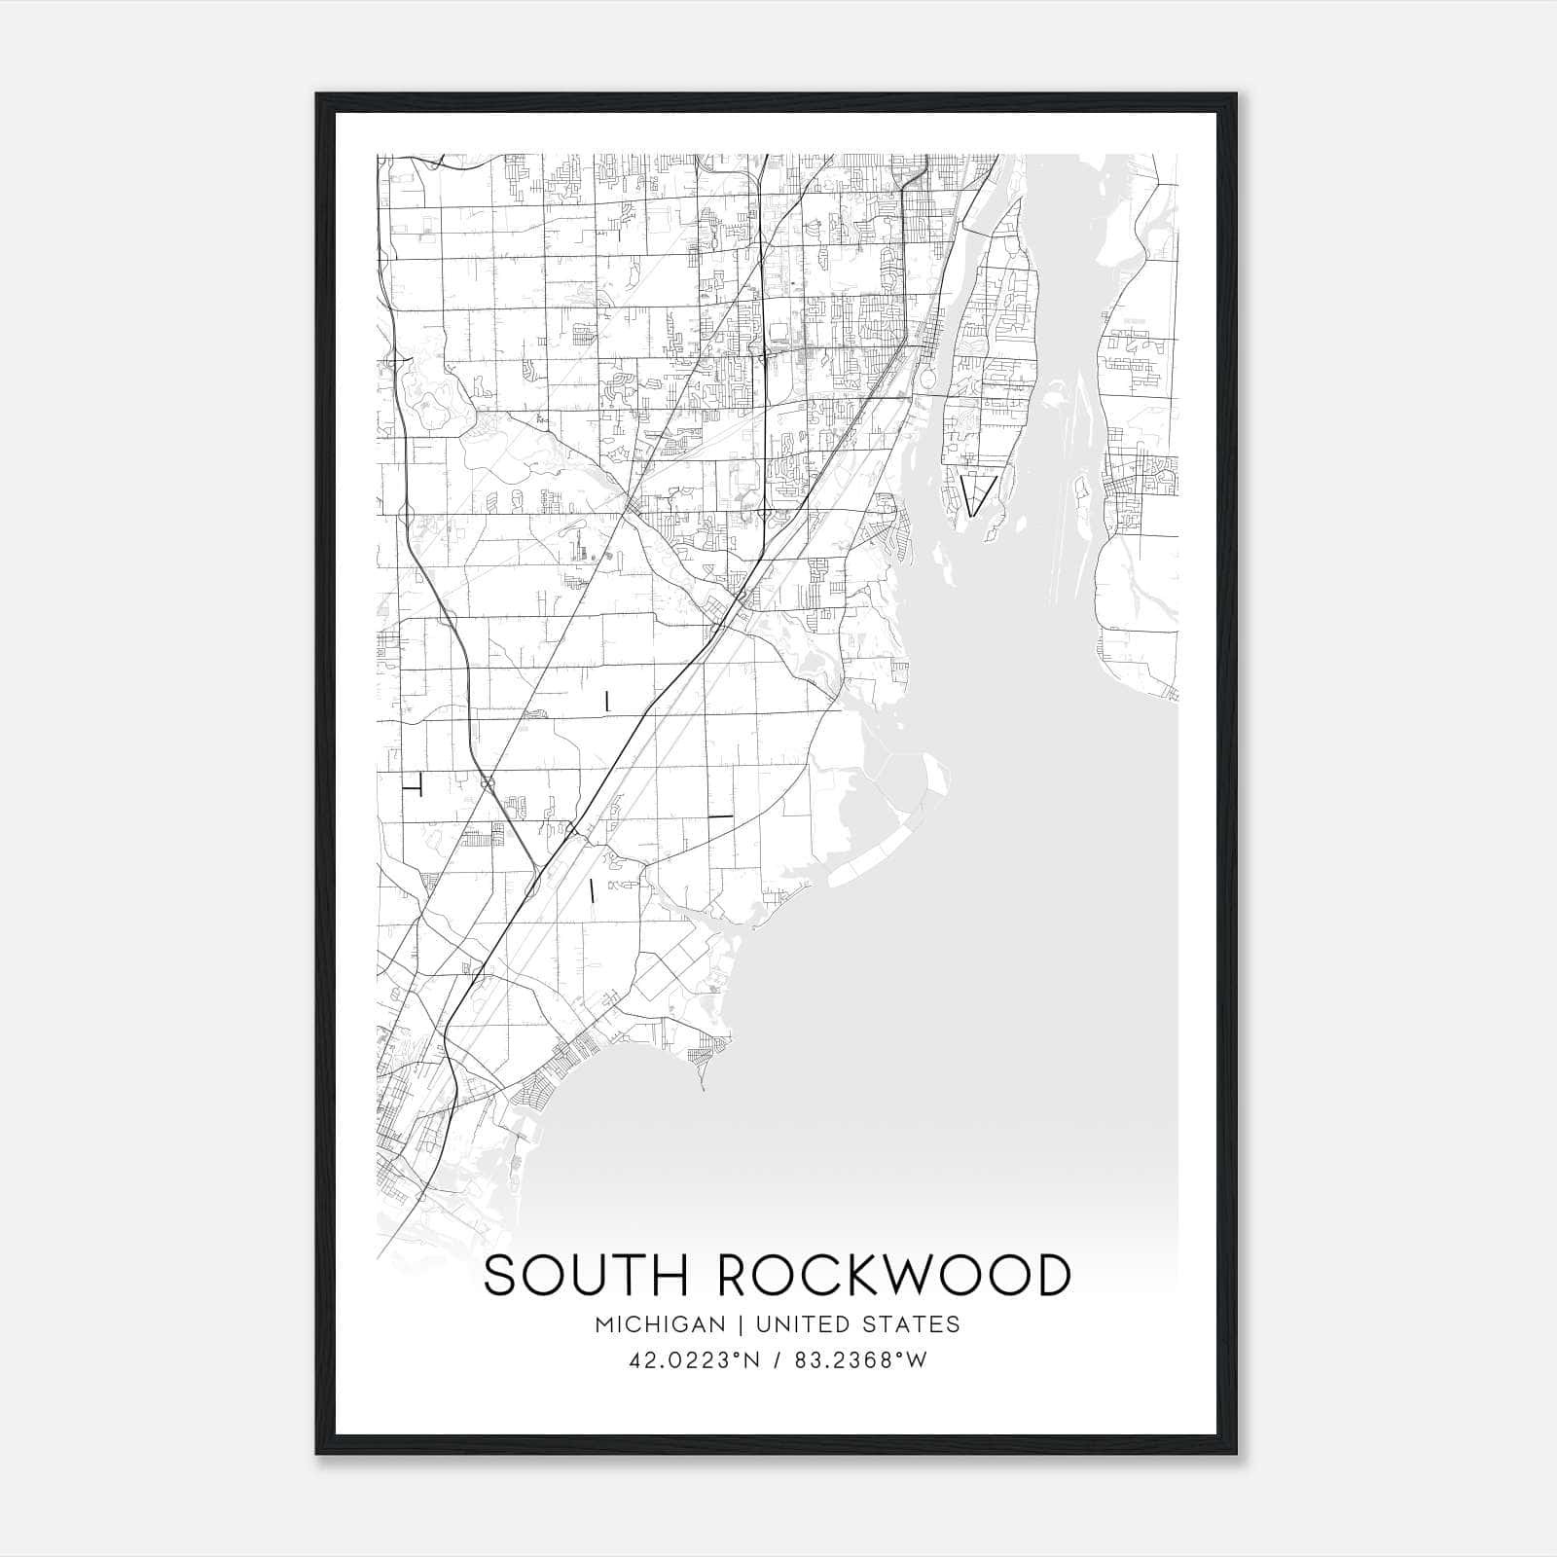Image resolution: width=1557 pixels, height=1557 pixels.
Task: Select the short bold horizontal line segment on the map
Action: point(720,815)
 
